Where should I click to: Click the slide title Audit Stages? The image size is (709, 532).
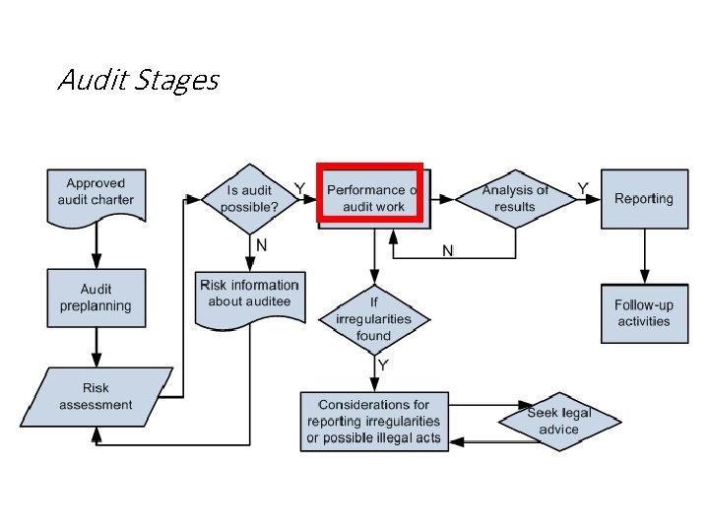pos(138,79)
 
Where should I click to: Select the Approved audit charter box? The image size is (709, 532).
pos(95,193)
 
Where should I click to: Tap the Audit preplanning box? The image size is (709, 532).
pos(96,298)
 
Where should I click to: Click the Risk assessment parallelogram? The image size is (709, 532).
pos(96,397)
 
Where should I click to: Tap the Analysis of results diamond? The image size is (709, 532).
pos(515,198)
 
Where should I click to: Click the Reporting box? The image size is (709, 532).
pos(644,199)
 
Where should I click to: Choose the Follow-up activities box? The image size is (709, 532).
pos(644,313)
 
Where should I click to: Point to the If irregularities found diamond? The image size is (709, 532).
pos(373,318)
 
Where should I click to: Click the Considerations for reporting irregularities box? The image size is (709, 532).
pos(373,421)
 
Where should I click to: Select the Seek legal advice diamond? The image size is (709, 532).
pos(558,421)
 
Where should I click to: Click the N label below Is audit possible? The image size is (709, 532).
pos(262,243)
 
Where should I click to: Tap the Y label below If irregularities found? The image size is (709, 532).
pos(384,366)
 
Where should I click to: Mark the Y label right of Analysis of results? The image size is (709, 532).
pos(583,187)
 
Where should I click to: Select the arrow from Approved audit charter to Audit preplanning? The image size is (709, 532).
pos(96,245)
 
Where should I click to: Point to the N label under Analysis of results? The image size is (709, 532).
pos(447,251)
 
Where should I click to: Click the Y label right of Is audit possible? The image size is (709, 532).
pos(299,187)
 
